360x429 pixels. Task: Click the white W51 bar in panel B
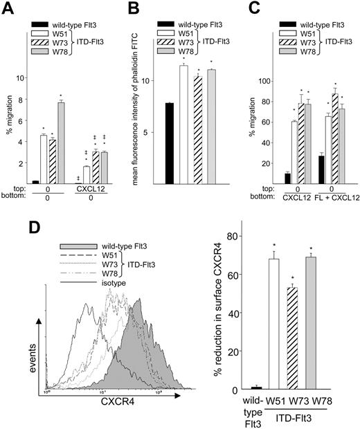[183, 125]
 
